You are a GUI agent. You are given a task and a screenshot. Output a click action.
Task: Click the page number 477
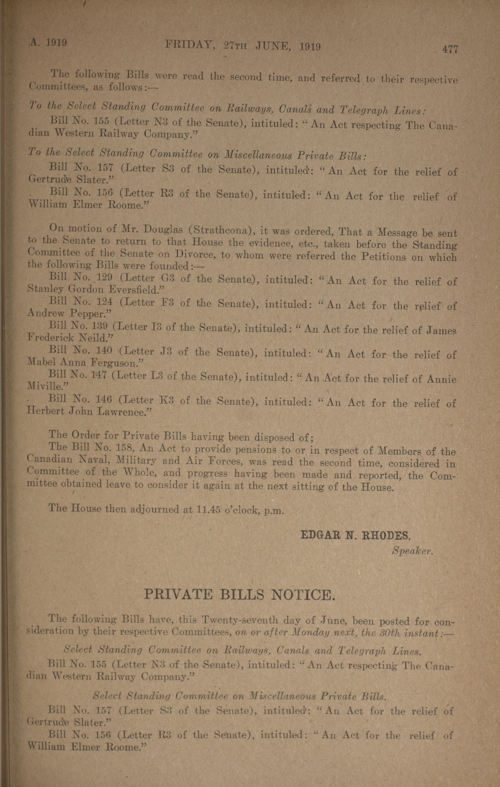[450, 49]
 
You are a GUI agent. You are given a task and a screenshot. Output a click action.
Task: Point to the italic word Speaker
[413, 551]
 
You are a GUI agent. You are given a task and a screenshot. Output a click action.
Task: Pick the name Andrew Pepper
[69, 313]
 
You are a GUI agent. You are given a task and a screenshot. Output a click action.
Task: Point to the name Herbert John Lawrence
[89, 411]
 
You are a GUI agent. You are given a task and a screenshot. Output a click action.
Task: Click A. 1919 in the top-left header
[49, 43]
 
